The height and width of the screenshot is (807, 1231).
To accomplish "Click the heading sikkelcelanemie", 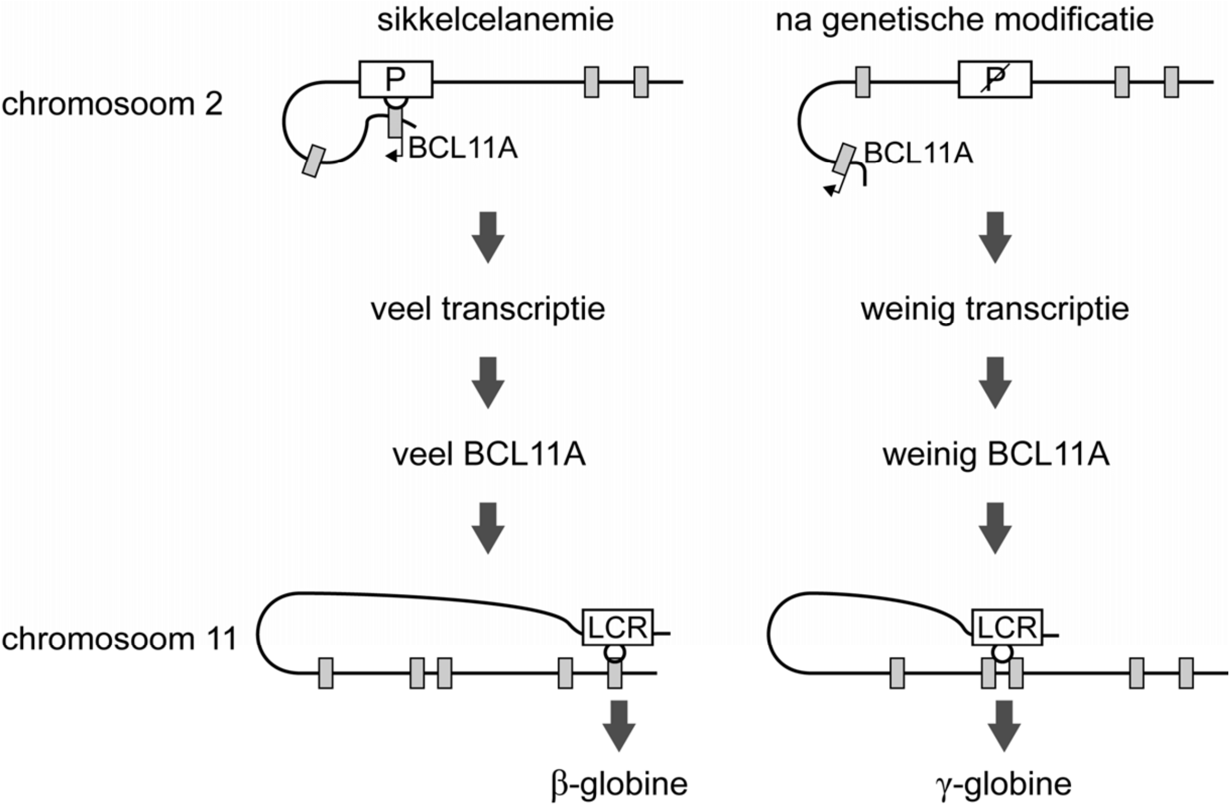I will point(495,20).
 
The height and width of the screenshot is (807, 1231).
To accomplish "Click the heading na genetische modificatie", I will point(964,20).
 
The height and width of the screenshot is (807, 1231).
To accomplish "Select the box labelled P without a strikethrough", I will point(396,79).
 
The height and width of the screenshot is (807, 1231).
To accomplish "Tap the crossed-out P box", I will point(995,79).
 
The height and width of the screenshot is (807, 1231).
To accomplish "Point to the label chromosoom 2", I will point(112,104).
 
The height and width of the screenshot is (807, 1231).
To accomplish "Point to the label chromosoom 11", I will point(119,639).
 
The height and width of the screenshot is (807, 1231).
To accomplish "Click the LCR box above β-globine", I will point(618,628).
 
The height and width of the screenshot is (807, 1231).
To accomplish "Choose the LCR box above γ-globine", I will point(1007,628).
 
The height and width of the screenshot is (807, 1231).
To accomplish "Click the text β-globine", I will point(619,784).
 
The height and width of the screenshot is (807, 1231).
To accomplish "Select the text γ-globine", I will point(1003,784).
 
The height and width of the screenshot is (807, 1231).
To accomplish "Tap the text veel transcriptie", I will point(488,309).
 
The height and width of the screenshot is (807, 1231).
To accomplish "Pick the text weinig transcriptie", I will point(995,309).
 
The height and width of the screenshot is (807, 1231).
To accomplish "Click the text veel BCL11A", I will point(489,455).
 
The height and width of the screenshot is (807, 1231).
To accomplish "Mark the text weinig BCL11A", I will point(996,455).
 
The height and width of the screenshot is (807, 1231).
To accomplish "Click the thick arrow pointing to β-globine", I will point(619,726).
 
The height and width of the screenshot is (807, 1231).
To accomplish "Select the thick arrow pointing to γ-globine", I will point(1004,726).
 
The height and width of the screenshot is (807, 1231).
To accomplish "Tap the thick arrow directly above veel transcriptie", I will point(488,237).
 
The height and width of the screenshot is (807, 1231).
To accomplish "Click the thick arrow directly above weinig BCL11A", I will point(995,382).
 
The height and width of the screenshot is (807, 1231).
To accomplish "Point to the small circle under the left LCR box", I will point(614,653).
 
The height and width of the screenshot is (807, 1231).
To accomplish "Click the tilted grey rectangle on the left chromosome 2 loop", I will point(313,161).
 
